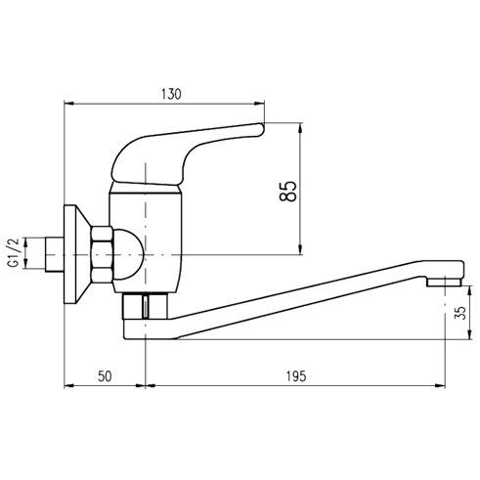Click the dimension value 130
coord(171,94)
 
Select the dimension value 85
coord(288,192)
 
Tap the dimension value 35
coord(460,313)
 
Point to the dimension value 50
coord(105,376)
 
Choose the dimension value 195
coord(296,376)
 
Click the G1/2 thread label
coord(14,253)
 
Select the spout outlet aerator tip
coord(445,282)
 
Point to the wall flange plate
coord(75,254)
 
